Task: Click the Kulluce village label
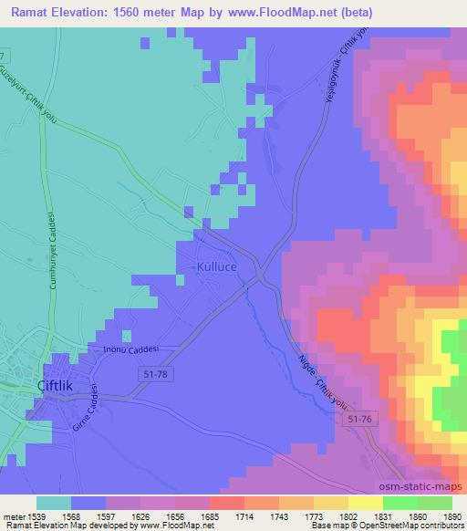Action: click(x=216, y=267)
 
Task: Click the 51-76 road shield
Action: click(x=360, y=418)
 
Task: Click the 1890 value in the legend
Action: click(x=451, y=515)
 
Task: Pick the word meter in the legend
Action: click(x=14, y=515)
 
